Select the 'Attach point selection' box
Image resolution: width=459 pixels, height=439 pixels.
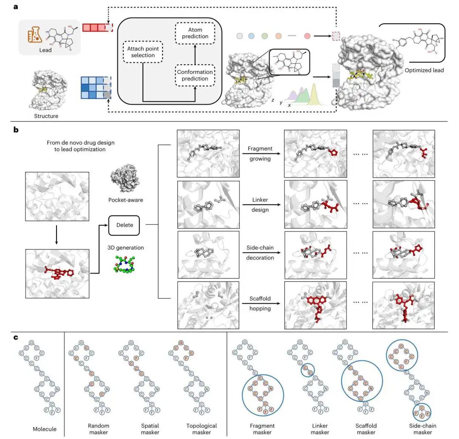tap(143, 52)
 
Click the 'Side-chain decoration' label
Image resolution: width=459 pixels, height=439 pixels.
tap(260, 254)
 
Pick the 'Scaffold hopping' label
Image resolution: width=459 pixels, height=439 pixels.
tap(260, 305)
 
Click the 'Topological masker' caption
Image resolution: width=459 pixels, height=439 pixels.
tap(201, 428)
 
